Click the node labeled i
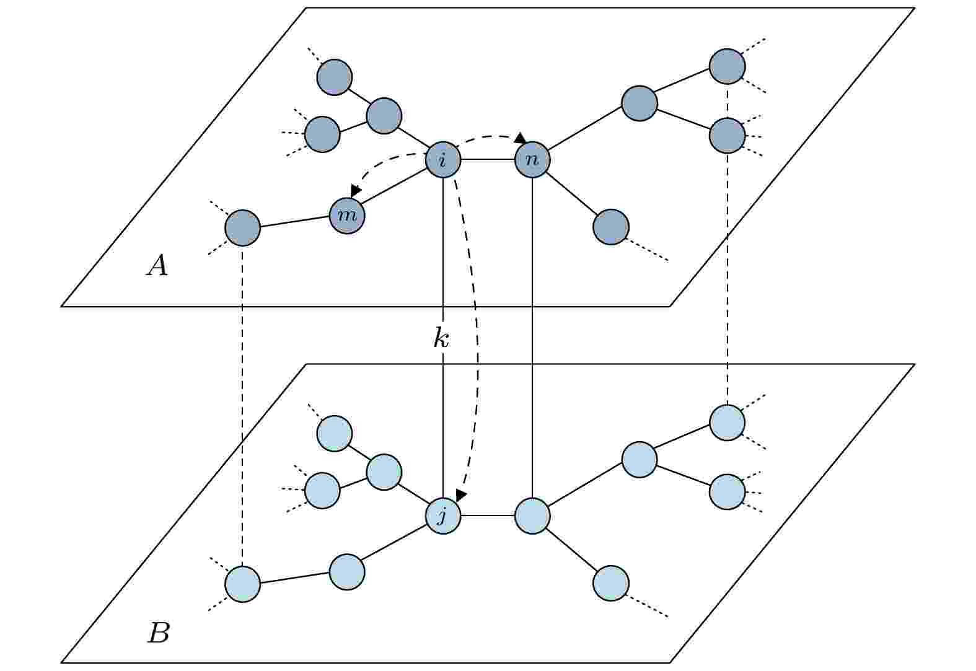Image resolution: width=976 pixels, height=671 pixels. (x=443, y=160)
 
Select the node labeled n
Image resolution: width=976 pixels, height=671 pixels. (x=532, y=160)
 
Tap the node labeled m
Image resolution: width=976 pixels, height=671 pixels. (x=347, y=216)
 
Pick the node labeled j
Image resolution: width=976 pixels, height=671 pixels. (x=443, y=516)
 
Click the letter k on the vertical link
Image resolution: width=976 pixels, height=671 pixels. (x=441, y=338)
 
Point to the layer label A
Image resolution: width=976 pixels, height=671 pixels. (x=157, y=265)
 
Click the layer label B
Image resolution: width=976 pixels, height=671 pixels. (x=158, y=633)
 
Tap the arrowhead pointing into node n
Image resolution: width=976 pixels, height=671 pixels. (x=521, y=139)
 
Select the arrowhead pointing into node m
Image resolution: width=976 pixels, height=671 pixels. (x=356, y=190)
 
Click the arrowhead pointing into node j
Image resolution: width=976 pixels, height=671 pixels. (x=461, y=494)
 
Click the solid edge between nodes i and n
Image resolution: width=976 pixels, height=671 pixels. (x=488, y=160)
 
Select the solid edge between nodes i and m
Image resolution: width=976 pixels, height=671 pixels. (x=394, y=186)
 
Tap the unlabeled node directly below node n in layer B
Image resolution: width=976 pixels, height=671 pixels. (x=532, y=516)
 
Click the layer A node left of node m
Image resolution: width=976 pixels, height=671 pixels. (x=242, y=228)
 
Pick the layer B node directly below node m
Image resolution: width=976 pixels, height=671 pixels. (x=347, y=572)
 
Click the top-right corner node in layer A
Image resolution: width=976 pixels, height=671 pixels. (x=727, y=67)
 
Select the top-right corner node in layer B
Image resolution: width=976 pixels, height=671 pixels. (x=727, y=423)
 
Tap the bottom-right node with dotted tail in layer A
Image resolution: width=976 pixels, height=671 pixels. (x=611, y=227)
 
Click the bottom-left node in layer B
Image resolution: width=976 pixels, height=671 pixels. (x=242, y=584)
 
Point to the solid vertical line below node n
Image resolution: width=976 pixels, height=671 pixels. (x=532, y=338)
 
